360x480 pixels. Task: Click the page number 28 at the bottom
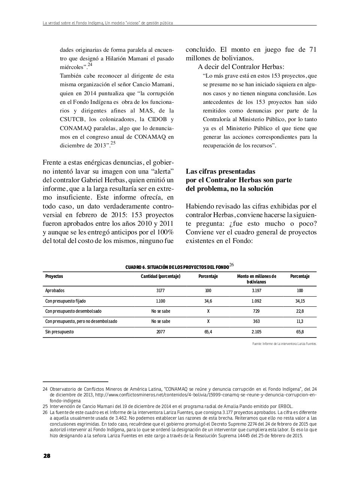click(x=47, y=456)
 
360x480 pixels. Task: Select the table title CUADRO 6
click(x=177, y=267)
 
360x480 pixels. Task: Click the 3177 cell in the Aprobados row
click(x=160, y=291)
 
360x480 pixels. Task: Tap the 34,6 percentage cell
click(x=208, y=301)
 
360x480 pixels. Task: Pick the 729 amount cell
click(x=256, y=311)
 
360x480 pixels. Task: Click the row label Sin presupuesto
click(x=60, y=332)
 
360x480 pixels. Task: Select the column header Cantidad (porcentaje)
click(x=160, y=276)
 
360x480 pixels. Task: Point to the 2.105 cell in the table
click(x=256, y=332)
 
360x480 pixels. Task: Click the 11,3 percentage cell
click(x=300, y=321)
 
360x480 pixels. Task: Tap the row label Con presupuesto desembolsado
click(x=73, y=311)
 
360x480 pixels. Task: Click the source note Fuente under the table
click(x=284, y=343)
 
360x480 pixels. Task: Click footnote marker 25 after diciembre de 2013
click(x=113, y=142)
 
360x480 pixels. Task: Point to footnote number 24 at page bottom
click(x=45, y=389)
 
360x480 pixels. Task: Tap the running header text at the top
click(x=108, y=23)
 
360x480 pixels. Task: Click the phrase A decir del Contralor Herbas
click(x=241, y=67)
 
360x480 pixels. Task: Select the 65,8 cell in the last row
click(x=300, y=332)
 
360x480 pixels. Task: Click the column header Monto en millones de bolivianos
click(x=256, y=279)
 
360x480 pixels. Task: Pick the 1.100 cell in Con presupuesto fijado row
click(x=160, y=301)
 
